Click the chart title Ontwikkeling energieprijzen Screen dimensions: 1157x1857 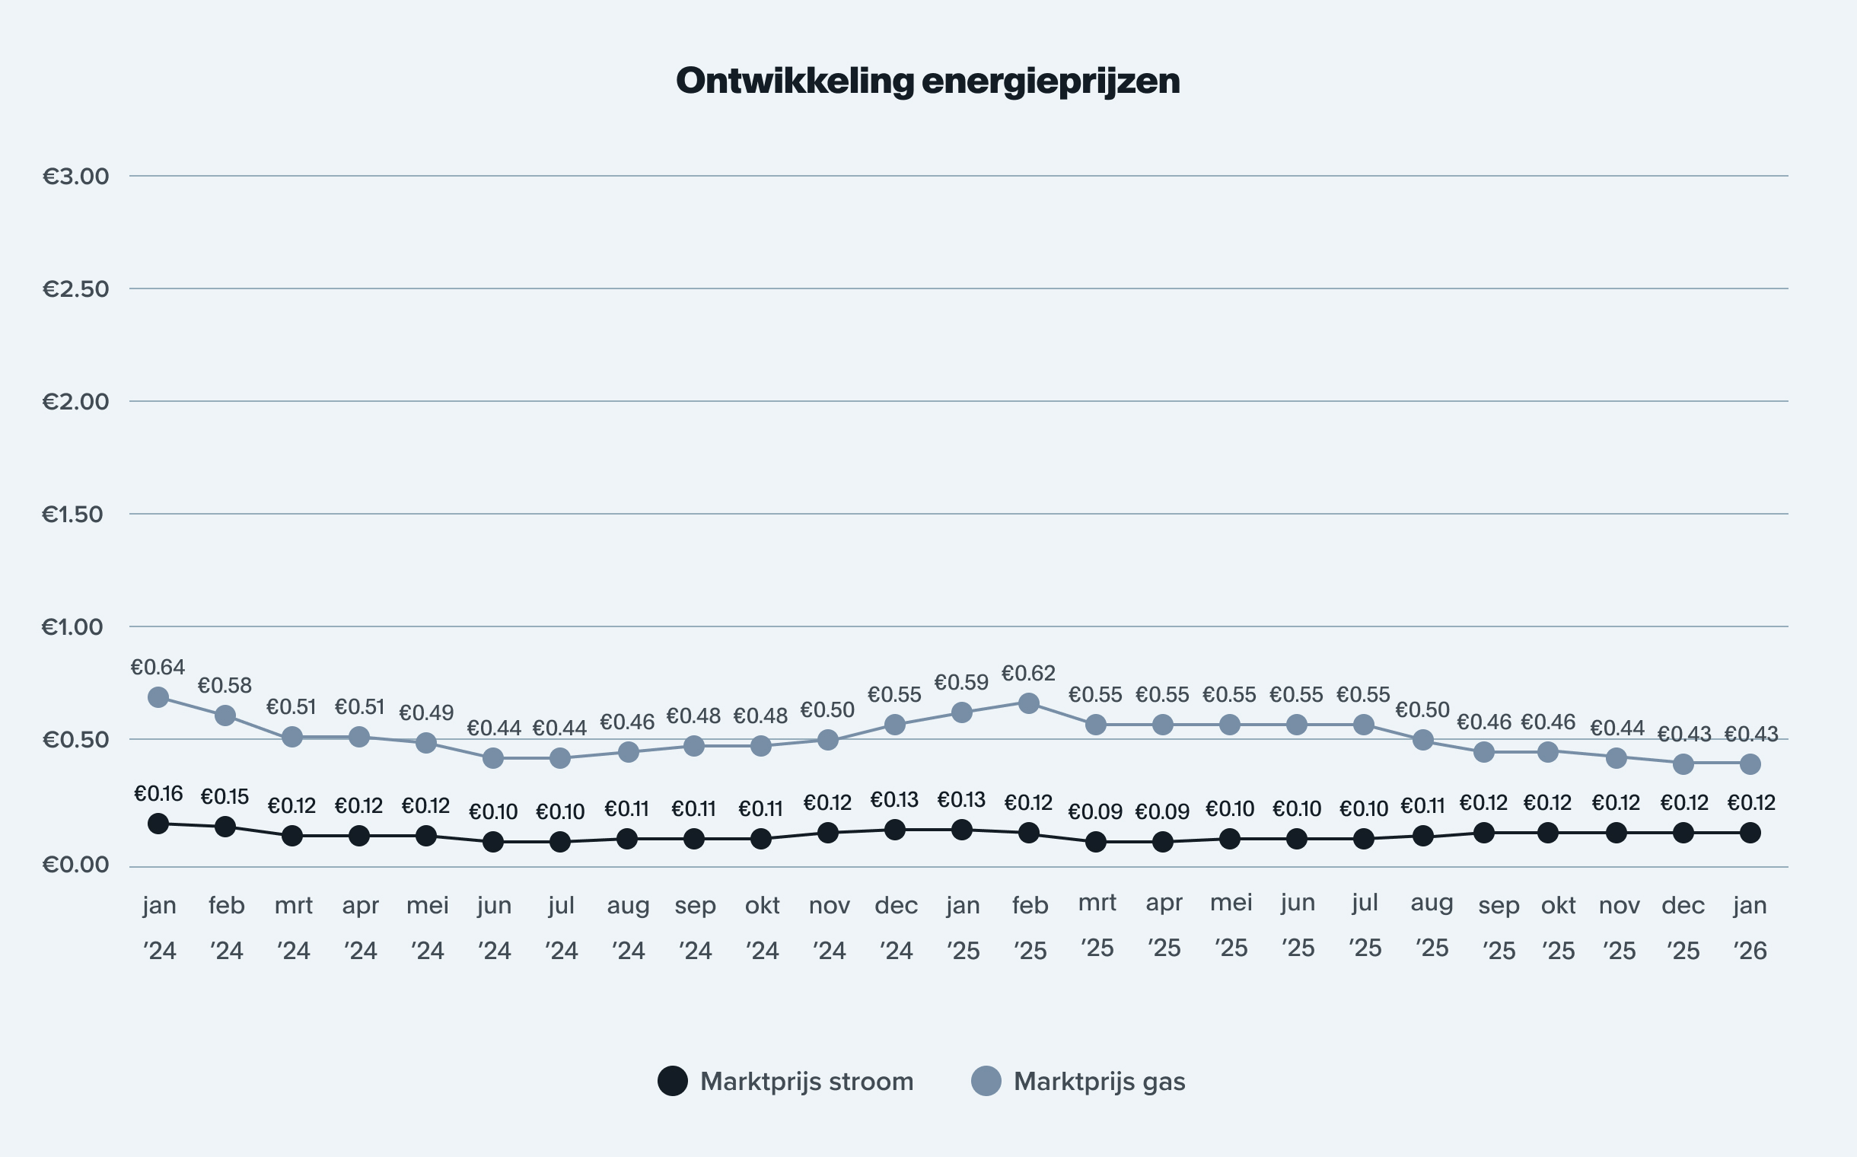(x=927, y=81)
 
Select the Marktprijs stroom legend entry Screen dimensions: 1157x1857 (x=786, y=1081)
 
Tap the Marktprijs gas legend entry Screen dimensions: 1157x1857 (x=1079, y=1081)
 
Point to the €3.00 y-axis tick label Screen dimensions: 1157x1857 (x=76, y=176)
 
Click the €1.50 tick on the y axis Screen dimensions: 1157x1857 (x=73, y=515)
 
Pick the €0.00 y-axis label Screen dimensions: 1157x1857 (x=76, y=865)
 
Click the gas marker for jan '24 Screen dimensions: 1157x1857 (x=158, y=697)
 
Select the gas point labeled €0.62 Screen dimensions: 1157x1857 (x=1029, y=703)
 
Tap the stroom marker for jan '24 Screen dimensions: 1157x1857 (x=158, y=824)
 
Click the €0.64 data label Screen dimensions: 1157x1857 (x=158, y=668)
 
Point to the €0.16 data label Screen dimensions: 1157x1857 (x=158, y=793)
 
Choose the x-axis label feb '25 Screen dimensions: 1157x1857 (x=1030, y=927)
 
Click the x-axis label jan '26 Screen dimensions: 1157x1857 (x=1750, y=927)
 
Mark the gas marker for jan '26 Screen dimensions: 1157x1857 (x=1750, y=763)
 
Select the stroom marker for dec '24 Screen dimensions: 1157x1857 (x=894, y=830)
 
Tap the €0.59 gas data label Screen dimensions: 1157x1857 (x=961, y=682)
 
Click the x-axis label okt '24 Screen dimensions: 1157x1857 (x=762, y=927)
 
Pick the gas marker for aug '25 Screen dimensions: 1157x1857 (x=1423, y=740)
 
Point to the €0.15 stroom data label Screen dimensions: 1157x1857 (x=225, y=797)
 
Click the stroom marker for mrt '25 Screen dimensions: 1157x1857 (x=1096, y=842)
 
